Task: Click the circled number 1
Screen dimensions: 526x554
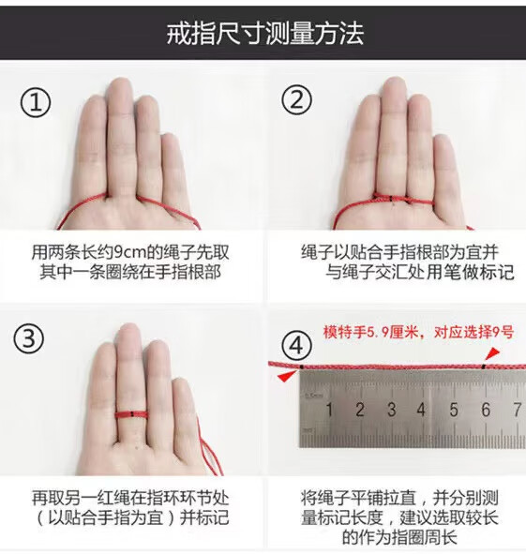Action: click(36, 102)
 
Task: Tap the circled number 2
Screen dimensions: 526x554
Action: click(297, 99)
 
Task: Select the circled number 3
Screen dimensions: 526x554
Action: click(29, 338)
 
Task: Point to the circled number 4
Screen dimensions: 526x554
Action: click(297, 345)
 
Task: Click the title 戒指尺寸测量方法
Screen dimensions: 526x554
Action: click(264, 34)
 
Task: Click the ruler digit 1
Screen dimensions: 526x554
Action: click(329, 410)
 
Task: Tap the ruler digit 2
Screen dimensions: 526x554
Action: click(360, 410)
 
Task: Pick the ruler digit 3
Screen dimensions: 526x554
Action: click(391, 410)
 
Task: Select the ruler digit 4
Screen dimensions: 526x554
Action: click(421, 410)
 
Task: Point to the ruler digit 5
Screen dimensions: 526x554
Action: click(454, 410)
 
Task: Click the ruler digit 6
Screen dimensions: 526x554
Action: click(486, 410)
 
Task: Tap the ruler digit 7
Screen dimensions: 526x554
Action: click(518, 410)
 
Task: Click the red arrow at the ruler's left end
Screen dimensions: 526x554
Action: click(287, 376)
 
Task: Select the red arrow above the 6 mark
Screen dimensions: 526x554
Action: click(493, 353)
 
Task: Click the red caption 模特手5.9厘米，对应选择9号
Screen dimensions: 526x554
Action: click(418, 333)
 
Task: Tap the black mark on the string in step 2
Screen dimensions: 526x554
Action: click(391, 200)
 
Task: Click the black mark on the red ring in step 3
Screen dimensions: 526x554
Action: click(131, 414)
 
